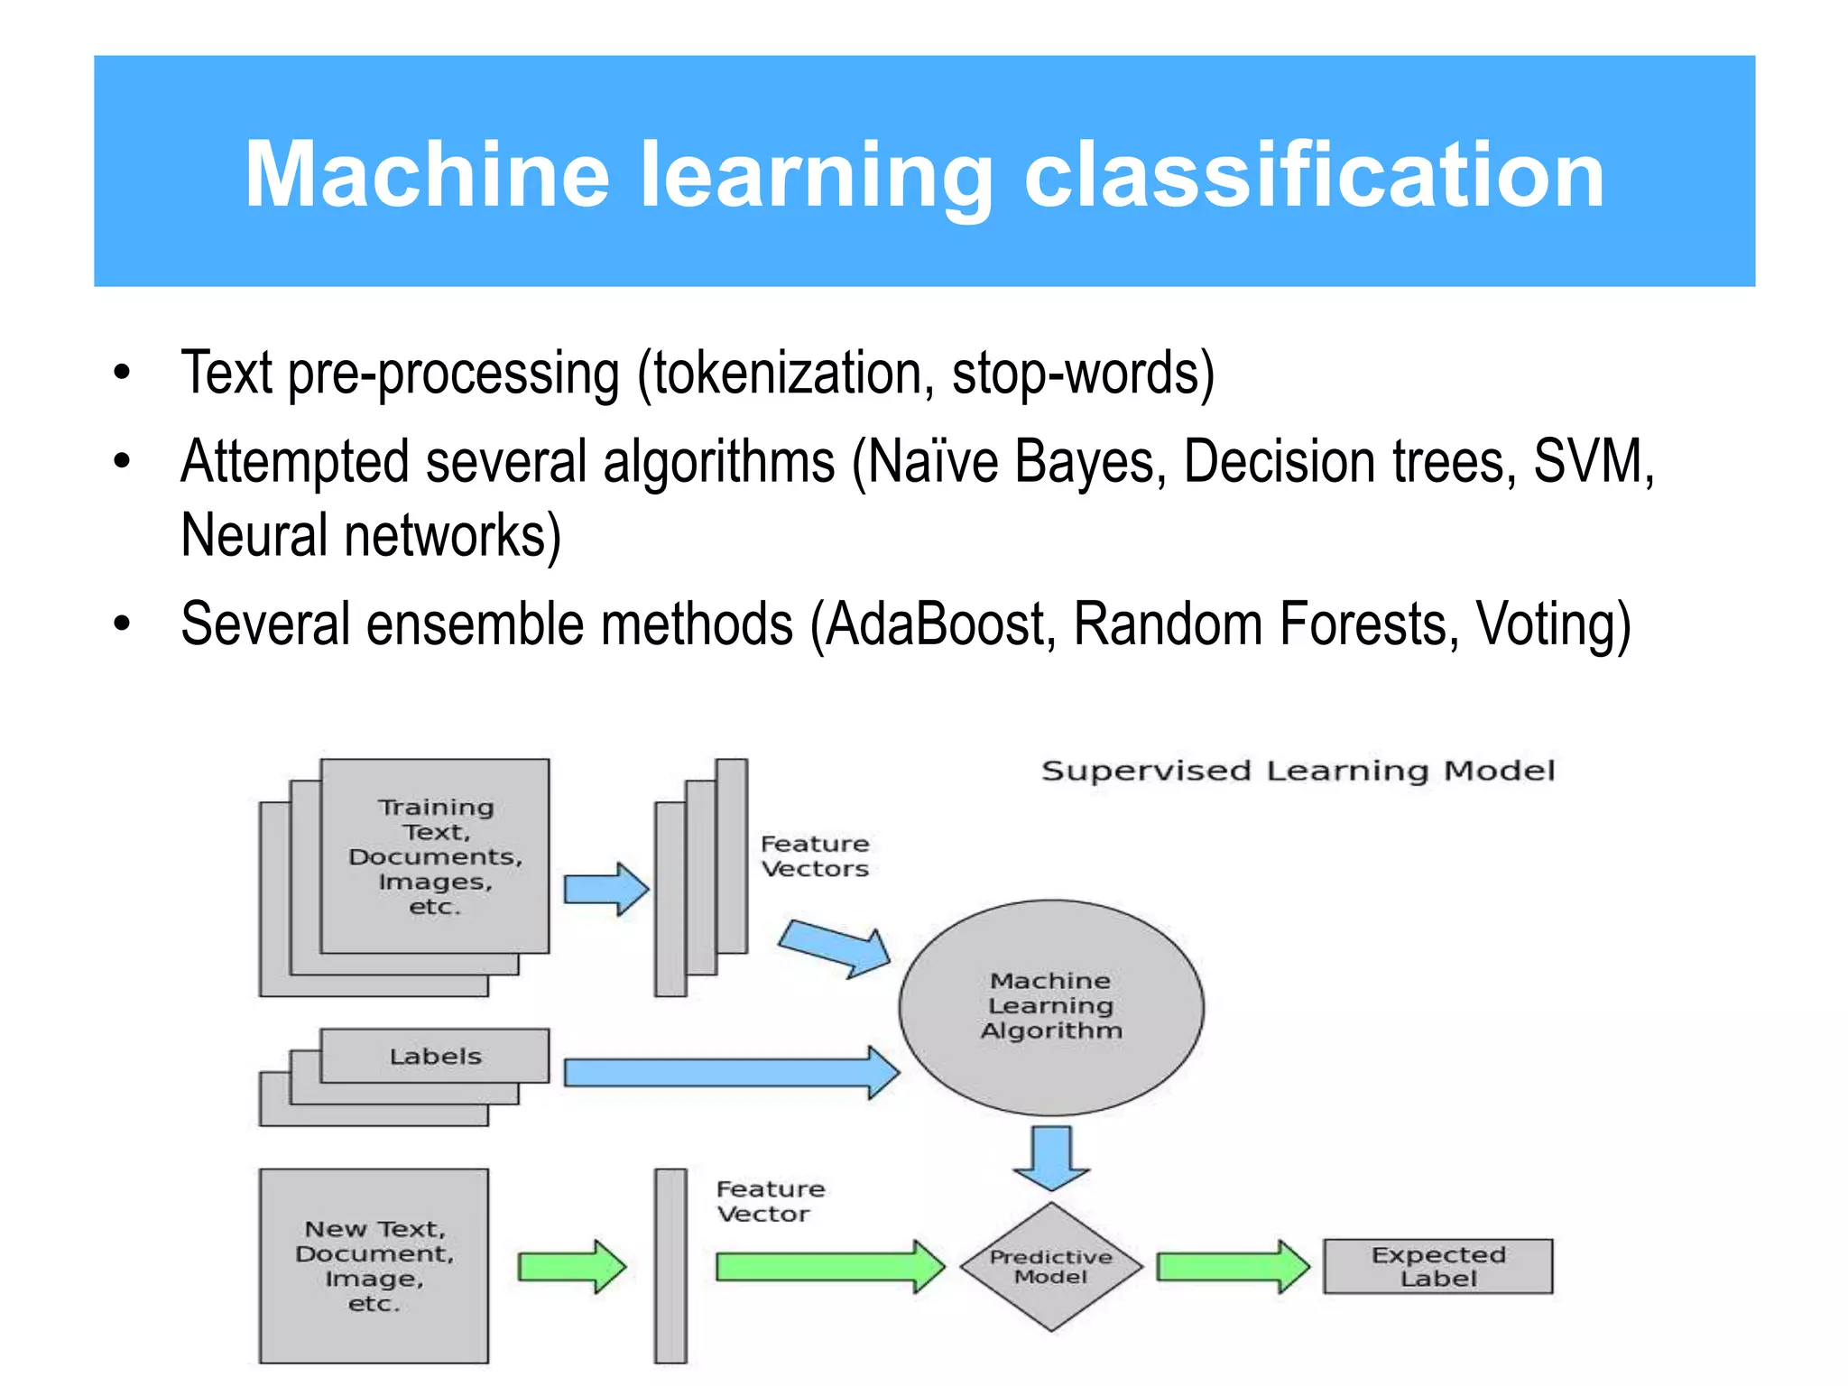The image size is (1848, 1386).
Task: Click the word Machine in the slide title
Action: pyautogui.click(x=428, y=175)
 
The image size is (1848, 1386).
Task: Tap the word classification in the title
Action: pyautogui.click(x=1315, y=175)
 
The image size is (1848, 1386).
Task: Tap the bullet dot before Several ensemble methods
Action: pyautogui.click(x=123, y=624)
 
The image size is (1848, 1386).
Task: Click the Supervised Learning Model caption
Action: pyautogui.click(x=1298, y=772)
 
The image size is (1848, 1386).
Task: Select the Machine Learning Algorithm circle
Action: pyautogui.click(x=1051, y=1006)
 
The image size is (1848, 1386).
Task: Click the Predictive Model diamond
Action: pyautogui.click(x=1051, y=1267)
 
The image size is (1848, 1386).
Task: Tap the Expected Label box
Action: pyautogui.click(x=1438, y=1267)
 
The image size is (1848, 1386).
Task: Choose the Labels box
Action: pyautogui.click(x=435, y=1056)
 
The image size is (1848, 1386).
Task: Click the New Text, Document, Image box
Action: pyautogui.click(x=374, y=1266)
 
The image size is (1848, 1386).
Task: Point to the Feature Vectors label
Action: pyautogui.click(x=814, y=856)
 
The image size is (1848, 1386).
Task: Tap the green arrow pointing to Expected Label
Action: pyautogui.click(x=1232, y=1267)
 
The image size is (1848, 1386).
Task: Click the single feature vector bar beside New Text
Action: pyautogui.click(x=670, y=1266)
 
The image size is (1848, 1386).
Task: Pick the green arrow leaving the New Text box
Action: pyautogui.click(x=571, y=1267)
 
